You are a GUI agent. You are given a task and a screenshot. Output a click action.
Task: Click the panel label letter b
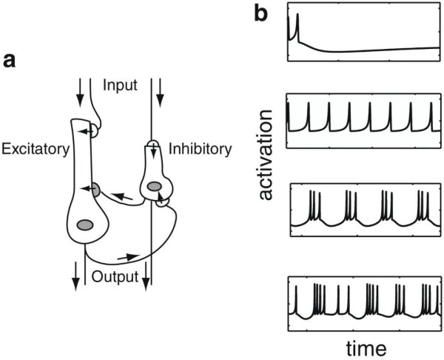[x=260, y=13]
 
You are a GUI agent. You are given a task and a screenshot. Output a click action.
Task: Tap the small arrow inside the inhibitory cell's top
[x=153, y=150]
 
